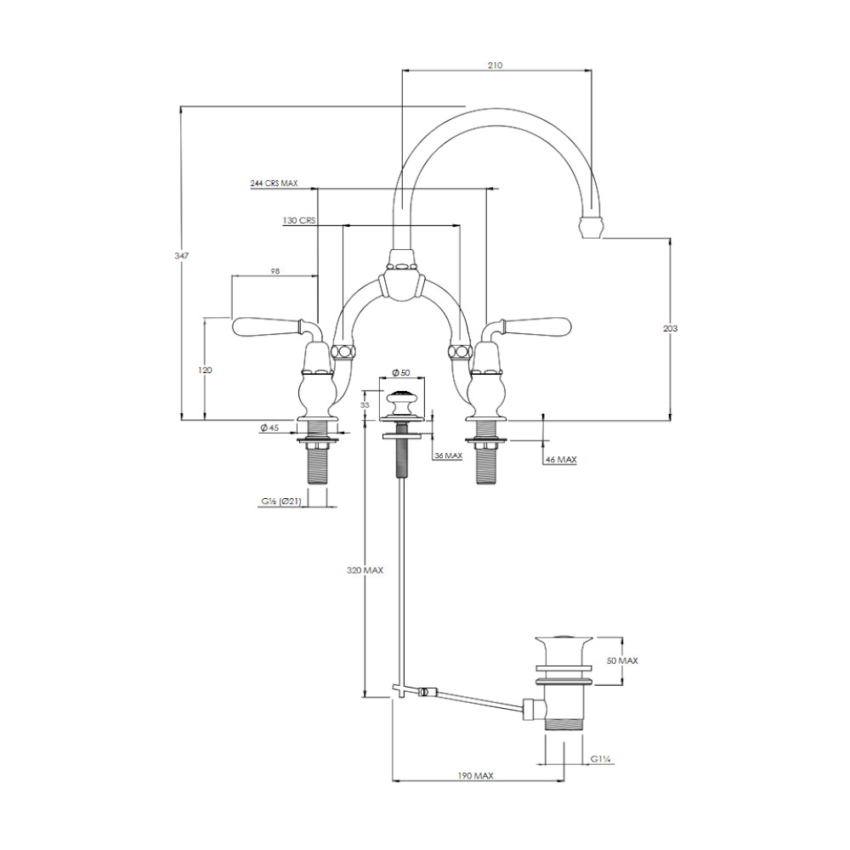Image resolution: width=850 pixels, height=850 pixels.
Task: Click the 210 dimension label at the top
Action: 495,65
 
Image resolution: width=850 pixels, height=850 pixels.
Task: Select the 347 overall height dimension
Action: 181,255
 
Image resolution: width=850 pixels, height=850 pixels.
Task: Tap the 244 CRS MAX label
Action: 274,184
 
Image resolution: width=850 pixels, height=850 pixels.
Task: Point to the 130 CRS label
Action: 298,221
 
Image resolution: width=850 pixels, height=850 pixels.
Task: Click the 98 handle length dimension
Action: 275,271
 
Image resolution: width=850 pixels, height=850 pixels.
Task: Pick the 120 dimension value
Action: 205,371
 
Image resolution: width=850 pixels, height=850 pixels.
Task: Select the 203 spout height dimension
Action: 670,328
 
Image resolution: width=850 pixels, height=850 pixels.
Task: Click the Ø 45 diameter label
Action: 269,428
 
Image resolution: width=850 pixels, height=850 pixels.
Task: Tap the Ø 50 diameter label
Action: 401,373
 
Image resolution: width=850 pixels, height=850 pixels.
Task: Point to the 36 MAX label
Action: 448,456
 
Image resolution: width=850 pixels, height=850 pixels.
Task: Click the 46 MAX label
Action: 561,460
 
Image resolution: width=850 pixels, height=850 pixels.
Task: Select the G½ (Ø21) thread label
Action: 280,501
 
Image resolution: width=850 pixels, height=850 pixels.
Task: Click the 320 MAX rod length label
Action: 365,570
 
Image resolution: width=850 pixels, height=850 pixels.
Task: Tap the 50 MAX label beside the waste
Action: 622,660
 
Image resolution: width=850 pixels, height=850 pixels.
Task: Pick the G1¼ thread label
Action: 601,759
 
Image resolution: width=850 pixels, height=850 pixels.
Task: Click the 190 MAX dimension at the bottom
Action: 475,776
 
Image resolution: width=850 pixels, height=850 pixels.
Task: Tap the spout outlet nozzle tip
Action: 591,228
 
